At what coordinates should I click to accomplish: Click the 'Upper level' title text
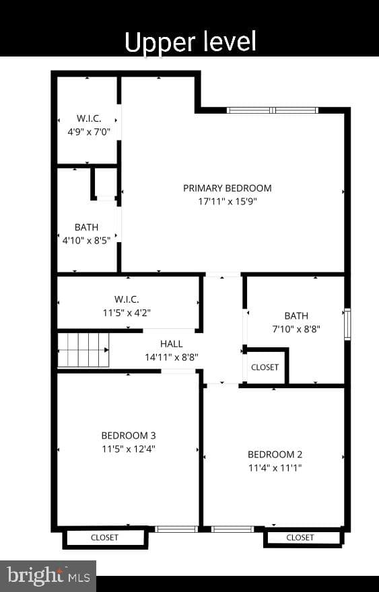(190, 42)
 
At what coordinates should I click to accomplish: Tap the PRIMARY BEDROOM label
(228, 188)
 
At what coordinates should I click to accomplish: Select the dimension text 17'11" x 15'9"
(228, 201)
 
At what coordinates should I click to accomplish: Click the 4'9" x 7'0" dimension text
(89, 132)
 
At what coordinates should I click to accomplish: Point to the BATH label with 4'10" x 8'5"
(87, 227)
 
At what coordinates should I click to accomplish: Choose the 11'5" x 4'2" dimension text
(127, 313)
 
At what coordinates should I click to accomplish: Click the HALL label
(172, 344)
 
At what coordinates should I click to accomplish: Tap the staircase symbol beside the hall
(83, 350)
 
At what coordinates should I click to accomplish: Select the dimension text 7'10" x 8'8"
(296, 329)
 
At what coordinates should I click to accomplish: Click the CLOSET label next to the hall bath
(265, 367)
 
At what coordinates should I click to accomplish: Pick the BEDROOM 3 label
(129, 435)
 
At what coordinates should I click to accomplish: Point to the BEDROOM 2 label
(275, 454)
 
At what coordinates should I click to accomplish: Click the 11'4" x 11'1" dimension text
(275, 468)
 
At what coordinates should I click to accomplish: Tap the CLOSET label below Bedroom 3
(104, 538)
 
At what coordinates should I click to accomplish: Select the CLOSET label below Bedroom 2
(300, 538)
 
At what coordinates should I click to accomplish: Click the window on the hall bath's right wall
(347, 324)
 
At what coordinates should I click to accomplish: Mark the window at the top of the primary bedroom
(273, 110)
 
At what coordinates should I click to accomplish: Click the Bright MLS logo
(48, 576)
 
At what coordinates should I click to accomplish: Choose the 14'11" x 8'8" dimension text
(172, 357)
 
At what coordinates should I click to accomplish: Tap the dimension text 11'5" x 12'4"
(129, 449)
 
